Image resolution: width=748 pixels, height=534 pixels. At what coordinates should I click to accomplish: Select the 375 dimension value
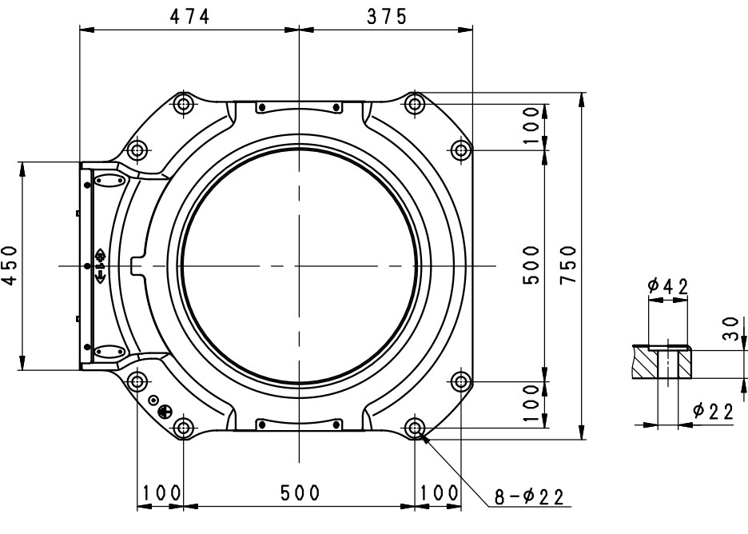386,16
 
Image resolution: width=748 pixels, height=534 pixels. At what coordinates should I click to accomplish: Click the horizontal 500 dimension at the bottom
300,493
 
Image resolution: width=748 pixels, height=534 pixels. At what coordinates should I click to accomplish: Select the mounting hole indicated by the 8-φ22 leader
414,428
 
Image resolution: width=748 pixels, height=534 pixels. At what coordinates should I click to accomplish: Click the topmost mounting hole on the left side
184,103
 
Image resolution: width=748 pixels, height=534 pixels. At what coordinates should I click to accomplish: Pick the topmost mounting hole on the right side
414,103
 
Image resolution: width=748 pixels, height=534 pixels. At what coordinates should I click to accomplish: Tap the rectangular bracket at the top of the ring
298,107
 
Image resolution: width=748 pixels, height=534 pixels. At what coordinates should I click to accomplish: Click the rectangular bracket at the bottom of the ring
298,424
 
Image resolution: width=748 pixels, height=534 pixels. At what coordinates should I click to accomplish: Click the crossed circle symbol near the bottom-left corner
165,412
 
